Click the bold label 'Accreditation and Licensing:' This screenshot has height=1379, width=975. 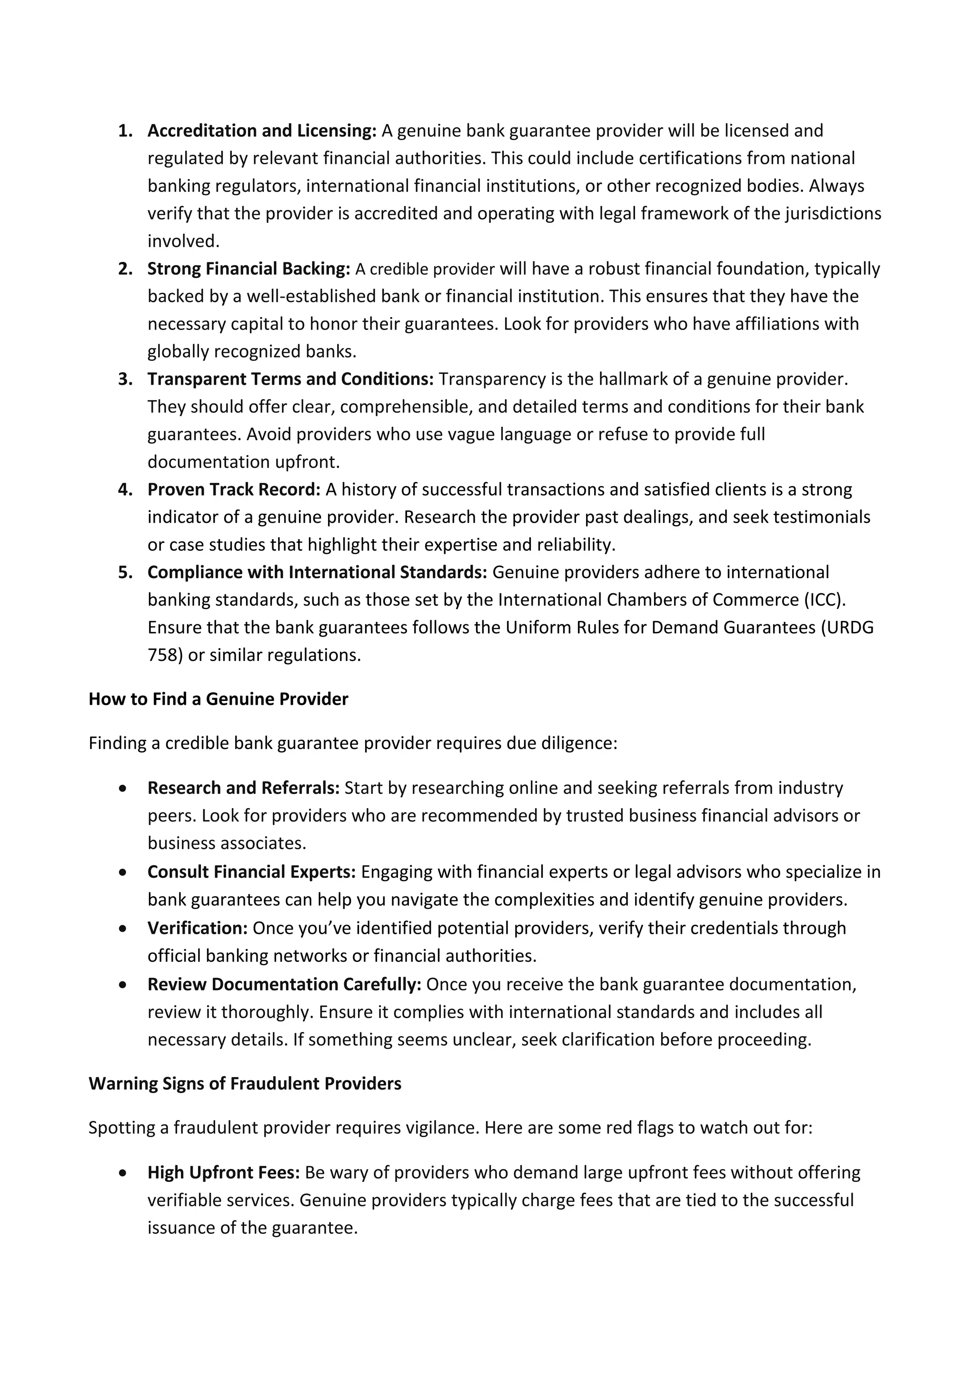(262, 130)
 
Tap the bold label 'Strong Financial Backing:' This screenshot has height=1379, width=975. (249, 269)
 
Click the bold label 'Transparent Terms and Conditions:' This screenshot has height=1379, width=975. (290, 379)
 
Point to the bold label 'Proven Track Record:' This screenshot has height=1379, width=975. (234, 490)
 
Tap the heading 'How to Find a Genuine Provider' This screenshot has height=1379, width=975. (219, 699)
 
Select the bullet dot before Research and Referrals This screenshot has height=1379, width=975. (123, 788)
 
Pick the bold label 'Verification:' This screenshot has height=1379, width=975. (198, 928)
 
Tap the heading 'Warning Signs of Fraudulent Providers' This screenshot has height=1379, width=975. (245, 1083)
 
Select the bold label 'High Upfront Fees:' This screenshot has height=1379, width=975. (223, 1172)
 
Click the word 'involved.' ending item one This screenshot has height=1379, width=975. (184, 241)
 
